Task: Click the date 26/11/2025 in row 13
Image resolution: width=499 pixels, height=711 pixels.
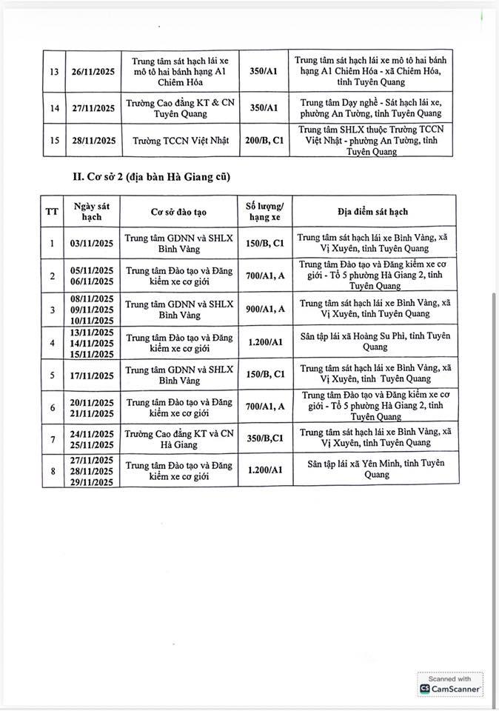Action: pos(87,71)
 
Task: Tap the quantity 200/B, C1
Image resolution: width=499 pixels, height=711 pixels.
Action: pos(264,140)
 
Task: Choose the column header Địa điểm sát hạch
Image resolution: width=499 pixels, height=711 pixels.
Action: pos(372,212)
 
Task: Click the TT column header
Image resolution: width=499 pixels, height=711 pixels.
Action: pos(51,212)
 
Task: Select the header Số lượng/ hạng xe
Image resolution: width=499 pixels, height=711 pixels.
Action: pos(264,212)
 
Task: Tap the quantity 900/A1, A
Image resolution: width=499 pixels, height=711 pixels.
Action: pos(264,310)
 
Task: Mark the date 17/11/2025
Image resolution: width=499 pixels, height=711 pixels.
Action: pos(93,375)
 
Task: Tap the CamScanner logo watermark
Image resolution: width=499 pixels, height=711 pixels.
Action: pos(449,689)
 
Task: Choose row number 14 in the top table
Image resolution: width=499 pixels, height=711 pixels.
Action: pos(54,108)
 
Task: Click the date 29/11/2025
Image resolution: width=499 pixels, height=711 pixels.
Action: pos(93,482)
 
